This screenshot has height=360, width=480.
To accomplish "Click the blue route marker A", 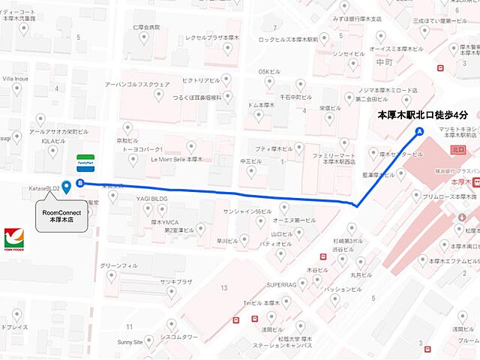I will (x=419, y=131).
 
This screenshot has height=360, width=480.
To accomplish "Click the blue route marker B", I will (x=79, y=182).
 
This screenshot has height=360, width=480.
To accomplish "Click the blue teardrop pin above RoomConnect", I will (x=67, y=187).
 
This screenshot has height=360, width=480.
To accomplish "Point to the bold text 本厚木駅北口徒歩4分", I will (x=422, y=115).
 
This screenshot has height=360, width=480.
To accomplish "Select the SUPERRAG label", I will (x=283, y=285).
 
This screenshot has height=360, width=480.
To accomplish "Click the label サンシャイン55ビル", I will (x=247, y=211).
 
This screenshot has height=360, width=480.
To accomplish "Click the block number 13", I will (x=223, y=287).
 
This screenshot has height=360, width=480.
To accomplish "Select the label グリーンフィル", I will (x=119, y=265).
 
